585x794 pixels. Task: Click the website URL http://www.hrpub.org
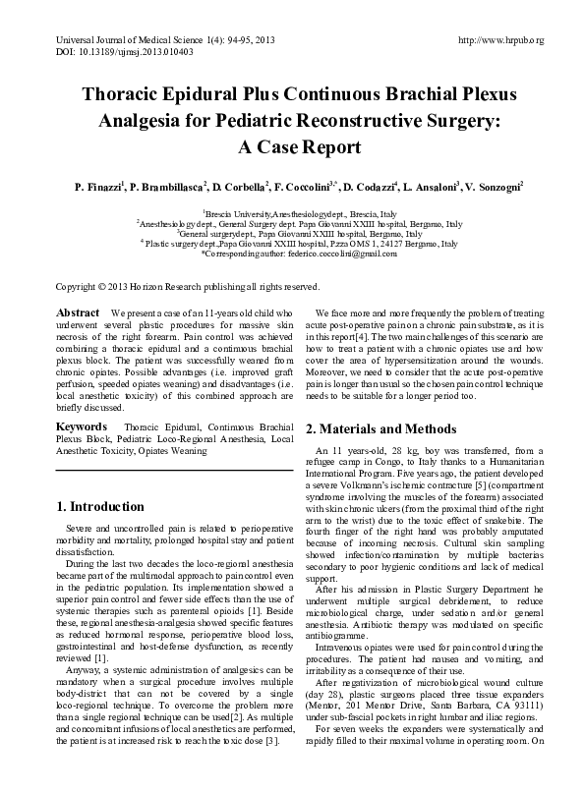[501, 40]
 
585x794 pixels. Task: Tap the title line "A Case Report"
[292, 148]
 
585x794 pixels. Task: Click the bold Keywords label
[84, 429]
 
